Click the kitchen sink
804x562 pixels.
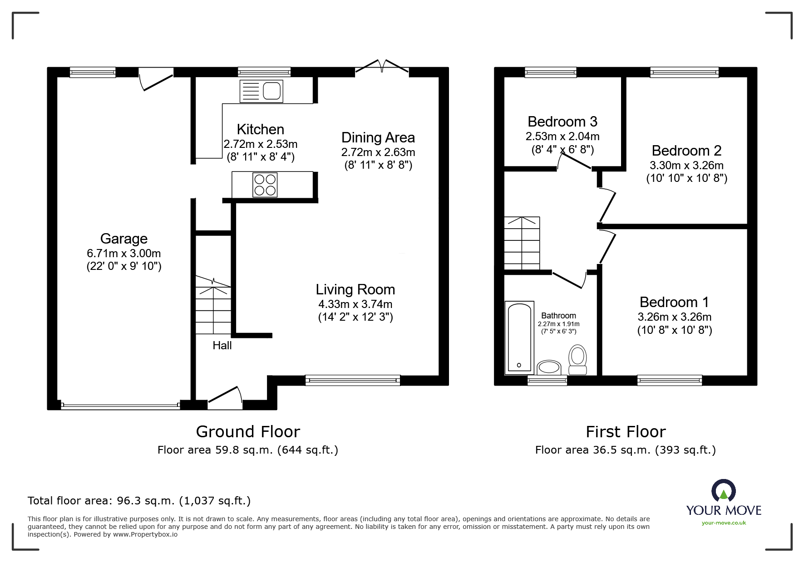[x=261, y=91]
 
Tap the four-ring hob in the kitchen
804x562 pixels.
[x=265, y=185]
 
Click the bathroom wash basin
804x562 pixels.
[x=549, y=367]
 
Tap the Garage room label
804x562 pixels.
[x=124, y=239]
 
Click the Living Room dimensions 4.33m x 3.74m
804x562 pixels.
[x=355, y=304]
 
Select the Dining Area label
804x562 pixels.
[x=378, y=137]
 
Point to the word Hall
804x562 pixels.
[x=222, y=346]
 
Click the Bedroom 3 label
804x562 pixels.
[x=562, y=122]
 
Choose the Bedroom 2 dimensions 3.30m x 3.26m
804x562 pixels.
[x=687, y=166]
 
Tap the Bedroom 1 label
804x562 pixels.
[x=674, y=302]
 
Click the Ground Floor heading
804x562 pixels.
[x=248, y=431]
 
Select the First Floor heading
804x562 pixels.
[x=626, y=431]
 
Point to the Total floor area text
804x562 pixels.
[x=139, y=501]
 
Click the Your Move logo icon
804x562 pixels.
[x=724, y=491]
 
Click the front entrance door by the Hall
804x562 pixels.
[x=225, y=397]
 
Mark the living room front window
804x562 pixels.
[x=353, y=380]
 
